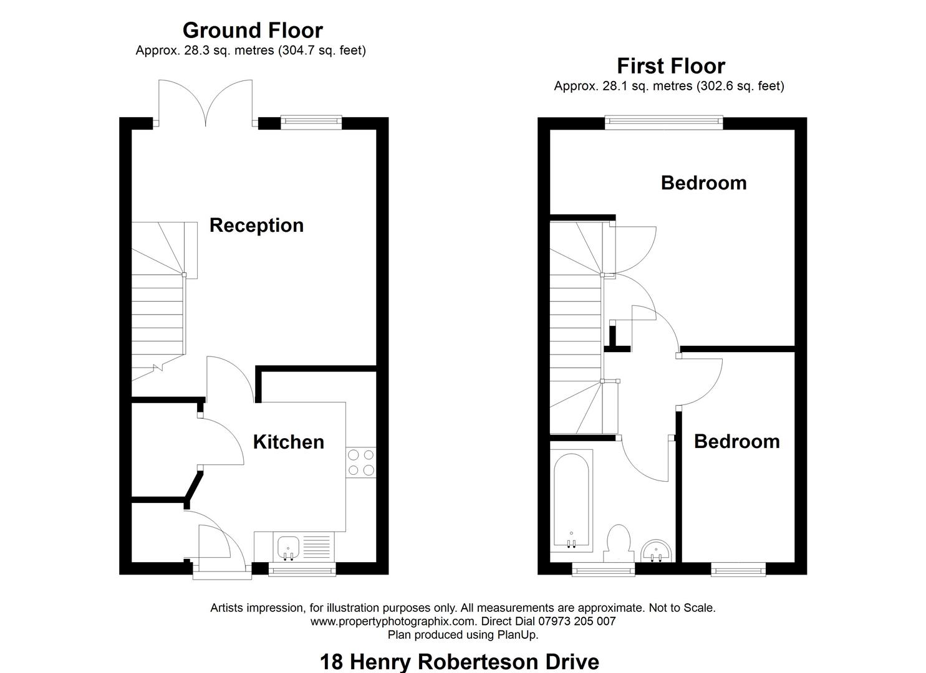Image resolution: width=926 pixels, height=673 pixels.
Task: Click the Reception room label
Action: [x=256, y=225]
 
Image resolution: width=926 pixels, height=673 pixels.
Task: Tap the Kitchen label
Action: [x=288, y=442]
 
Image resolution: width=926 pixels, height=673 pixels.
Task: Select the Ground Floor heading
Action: [x=253, y=30]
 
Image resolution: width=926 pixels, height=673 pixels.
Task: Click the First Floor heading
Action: [x=671, y=65]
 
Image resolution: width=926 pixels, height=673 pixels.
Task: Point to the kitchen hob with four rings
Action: [x=361, y=462]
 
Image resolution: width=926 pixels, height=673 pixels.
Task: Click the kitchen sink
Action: [x=288, y=547]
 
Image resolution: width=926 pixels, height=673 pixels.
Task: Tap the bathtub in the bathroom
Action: [x=571, y=499]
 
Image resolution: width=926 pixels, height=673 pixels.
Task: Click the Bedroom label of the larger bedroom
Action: [x=703, y=183]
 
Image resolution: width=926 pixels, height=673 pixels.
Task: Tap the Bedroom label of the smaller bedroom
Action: [x=736, y=441]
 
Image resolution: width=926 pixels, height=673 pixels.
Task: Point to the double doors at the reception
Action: [x=206, y=103]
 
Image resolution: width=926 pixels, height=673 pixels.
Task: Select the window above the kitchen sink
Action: [x=302, y=568]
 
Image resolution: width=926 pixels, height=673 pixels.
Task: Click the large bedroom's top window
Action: [x=664, y=123]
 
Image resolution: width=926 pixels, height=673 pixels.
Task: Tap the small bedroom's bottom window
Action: [x=738, y=568]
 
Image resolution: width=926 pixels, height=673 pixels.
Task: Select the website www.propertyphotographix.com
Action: [x=394, y=621]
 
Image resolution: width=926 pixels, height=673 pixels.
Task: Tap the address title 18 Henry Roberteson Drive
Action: [x=459, y=661]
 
